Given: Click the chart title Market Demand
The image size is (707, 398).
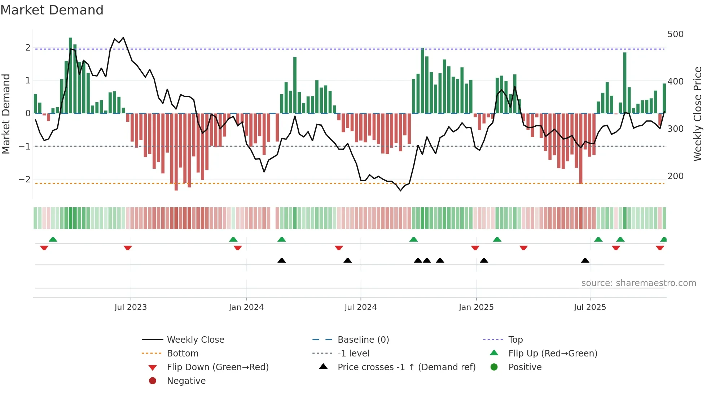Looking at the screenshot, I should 52,10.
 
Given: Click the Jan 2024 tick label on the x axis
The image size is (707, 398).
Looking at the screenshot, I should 246,307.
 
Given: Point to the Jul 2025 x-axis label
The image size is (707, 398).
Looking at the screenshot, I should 590,307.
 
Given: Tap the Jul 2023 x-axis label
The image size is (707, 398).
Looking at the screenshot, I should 131,307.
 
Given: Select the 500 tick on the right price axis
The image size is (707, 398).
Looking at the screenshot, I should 675,34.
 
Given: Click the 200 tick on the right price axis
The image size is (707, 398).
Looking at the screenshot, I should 675,176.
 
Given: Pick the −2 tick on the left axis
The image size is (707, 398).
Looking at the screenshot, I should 25,179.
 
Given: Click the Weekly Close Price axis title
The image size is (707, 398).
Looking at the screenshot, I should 698,114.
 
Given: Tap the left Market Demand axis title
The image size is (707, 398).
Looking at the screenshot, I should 6,114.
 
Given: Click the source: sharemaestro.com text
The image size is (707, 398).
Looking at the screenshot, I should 638,283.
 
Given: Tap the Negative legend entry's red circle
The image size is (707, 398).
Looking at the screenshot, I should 153,381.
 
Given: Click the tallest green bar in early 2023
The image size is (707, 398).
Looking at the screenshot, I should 71,76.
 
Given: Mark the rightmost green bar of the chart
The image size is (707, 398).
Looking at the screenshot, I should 664,98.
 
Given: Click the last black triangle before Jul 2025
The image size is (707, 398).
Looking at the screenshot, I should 585,261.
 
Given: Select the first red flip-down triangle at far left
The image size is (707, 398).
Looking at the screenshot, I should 44,248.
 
